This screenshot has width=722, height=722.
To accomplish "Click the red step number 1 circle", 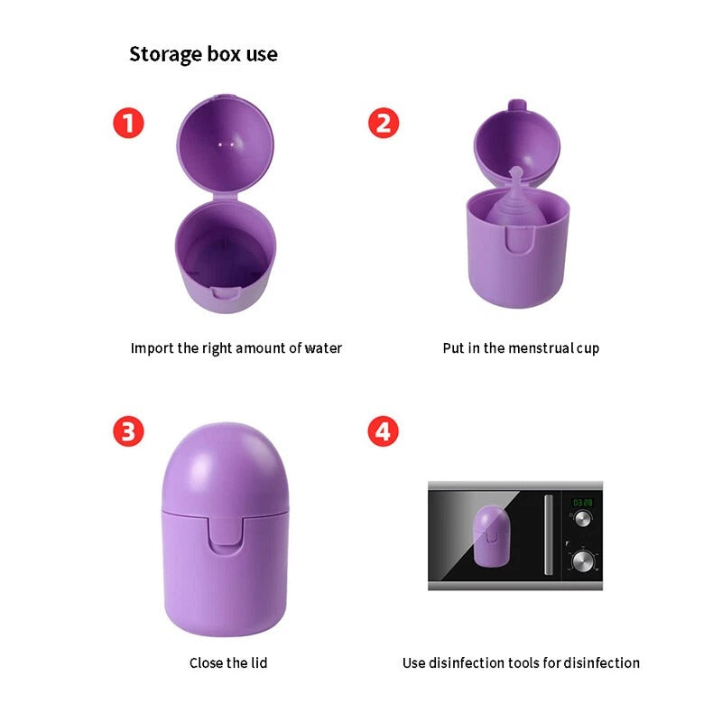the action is click(128, 123).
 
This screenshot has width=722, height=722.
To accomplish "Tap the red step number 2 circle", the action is click(384, 123).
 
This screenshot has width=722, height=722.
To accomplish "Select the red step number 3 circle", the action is click(128, 431).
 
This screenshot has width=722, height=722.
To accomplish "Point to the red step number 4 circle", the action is click(383, 431).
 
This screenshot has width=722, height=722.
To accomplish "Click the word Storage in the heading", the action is click(166, 55).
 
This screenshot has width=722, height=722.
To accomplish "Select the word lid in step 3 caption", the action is click(259, 662).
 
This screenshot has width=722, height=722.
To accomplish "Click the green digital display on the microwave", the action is click(582, 503).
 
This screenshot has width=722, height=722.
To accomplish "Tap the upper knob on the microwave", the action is click(582, 519).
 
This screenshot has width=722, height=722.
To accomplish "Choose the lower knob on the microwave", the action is click(582, 560).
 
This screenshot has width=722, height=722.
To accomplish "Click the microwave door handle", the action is click(549, 534).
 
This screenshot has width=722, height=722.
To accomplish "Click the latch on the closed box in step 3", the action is click(225, 534).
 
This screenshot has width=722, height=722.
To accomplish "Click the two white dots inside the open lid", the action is click(227, 144).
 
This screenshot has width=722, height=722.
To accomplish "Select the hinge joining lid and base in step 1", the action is click(225, 197).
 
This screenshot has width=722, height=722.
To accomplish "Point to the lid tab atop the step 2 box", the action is click(517, 105).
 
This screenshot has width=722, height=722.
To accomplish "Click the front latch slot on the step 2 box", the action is click(520, 240).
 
